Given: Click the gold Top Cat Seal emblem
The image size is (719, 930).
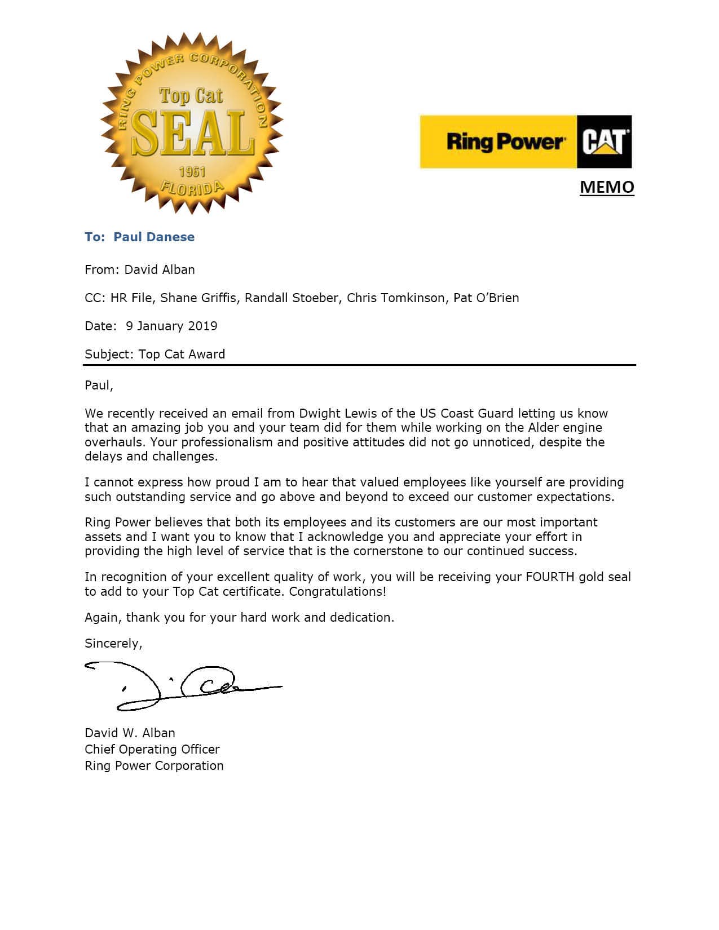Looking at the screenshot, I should pos(192,123).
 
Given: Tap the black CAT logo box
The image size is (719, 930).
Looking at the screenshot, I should pos(604,141).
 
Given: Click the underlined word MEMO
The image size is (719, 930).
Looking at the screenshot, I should pos(607,187).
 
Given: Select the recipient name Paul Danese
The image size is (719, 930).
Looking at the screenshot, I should pos(154,237).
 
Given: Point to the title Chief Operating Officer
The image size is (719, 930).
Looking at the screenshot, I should pos(152,749).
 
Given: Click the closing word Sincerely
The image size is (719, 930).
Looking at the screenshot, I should pos(113,643).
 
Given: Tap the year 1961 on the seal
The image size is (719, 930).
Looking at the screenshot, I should pos(192,172).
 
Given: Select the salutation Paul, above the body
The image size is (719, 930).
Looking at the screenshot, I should pos(99,385).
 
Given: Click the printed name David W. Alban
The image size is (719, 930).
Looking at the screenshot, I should pos(130,733).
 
